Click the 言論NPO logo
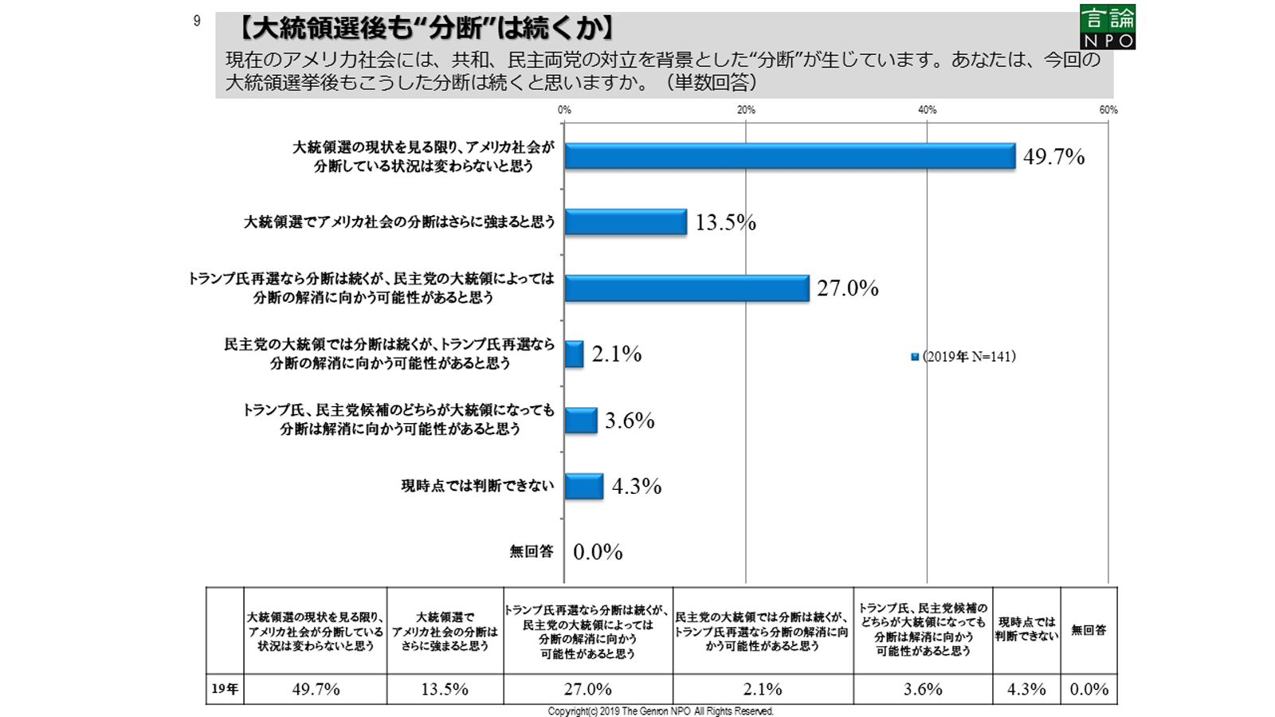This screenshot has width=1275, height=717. [1107, 26]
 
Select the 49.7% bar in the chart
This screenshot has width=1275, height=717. [790, 156]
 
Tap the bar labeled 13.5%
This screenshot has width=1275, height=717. [626, 222]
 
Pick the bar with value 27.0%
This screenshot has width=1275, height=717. [687, 288]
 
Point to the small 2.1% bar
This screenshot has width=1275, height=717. [574, 354]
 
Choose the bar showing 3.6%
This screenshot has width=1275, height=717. [581, 421]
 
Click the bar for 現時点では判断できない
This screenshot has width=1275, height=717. [584, 486]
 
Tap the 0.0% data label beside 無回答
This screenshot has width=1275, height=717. [598, 552]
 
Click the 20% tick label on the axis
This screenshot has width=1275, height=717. [746, 110]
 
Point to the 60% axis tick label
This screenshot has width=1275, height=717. [1108, 110]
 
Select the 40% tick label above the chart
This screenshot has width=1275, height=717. [927, 110]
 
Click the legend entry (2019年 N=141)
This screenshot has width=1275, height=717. [963, 357]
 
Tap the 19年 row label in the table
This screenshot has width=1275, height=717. [225, 689]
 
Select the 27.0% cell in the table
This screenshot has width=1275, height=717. [588, 689]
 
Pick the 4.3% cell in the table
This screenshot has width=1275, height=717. [1026, 689]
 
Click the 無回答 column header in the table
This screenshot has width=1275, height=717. [1089, 630]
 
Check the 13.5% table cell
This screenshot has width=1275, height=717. [445, 689]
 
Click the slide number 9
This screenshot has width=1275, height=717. [197, 22]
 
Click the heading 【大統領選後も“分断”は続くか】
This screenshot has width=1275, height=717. [426, 29]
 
